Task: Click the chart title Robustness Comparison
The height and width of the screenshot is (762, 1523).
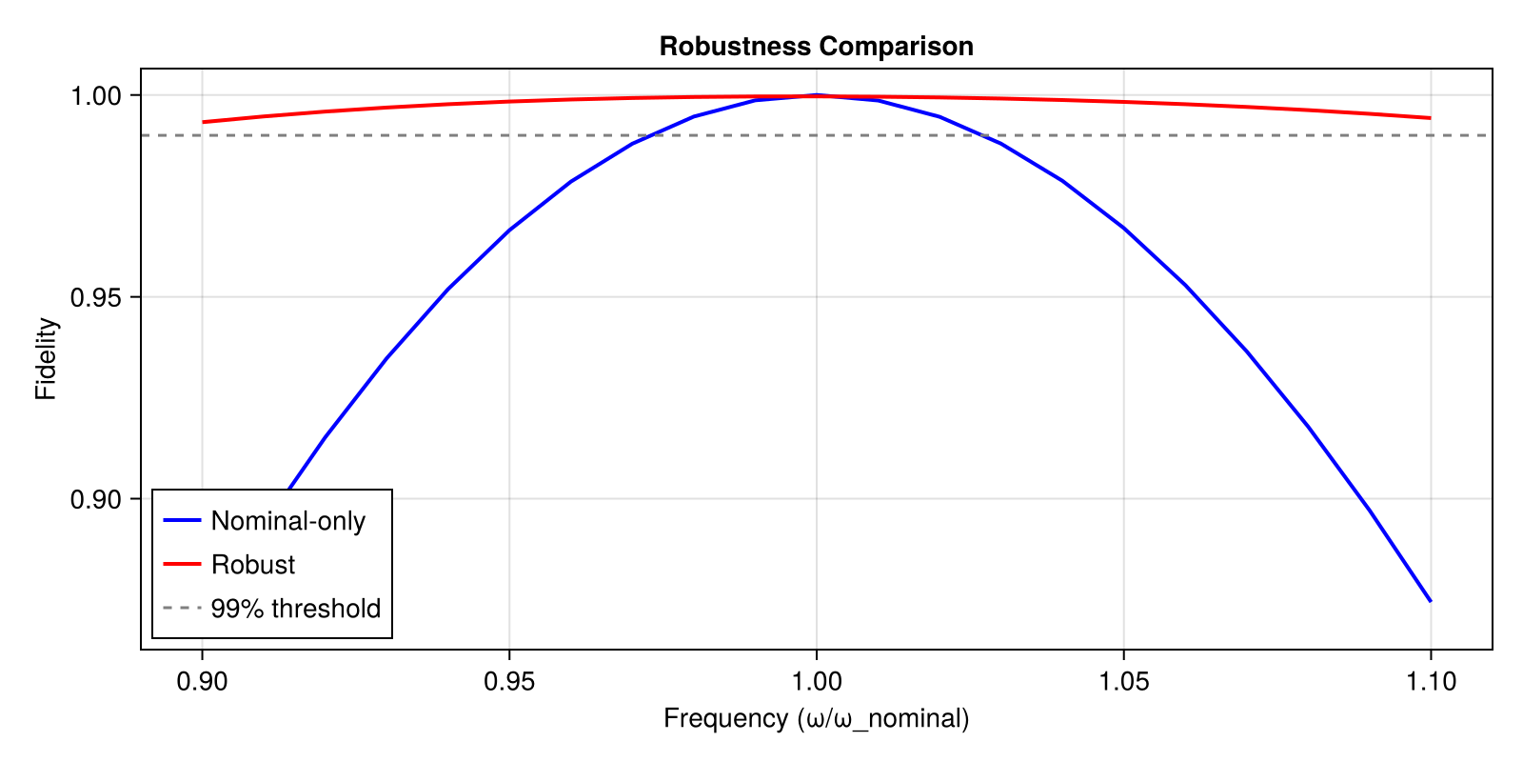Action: pos(816,47)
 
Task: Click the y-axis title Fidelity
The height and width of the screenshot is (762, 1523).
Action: pos(46,359)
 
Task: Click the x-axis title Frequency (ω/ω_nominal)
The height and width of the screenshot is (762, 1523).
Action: pos(816,718)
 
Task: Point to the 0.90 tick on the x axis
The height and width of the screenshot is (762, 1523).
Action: pos(202,681)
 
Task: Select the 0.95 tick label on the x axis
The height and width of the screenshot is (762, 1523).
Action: pos(509,681)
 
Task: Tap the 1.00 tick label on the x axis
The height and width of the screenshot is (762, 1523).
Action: pos(816,681)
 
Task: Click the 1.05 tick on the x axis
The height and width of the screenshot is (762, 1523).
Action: pos(1123,681)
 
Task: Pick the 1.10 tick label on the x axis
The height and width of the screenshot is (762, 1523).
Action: pos(1431,681)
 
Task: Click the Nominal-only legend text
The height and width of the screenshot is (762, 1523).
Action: pos(287,521)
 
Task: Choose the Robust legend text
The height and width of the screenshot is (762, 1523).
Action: pos(253,565)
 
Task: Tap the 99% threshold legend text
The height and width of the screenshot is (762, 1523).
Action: pos(295,609)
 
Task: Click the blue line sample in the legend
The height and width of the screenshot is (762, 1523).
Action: pos(182,520)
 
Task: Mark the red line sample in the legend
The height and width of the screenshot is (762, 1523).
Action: pos(182,564)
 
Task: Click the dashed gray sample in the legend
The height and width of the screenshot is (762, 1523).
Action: pos(182,608)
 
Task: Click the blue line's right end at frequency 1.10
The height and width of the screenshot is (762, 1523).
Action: pos(1430,600)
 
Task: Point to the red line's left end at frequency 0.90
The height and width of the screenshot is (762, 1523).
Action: pos(203,122)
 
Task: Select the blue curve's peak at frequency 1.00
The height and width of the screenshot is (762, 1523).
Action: pos(816,95)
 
